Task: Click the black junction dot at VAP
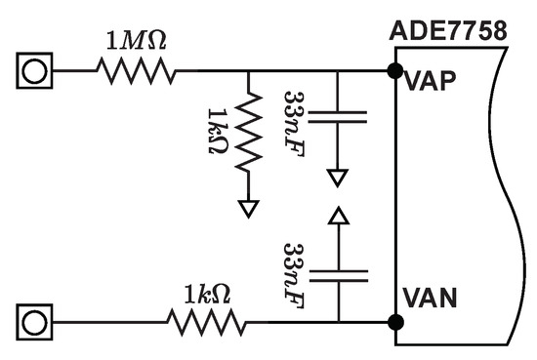[394, 71]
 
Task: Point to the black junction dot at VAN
[394, 321]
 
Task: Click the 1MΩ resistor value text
[135, 41]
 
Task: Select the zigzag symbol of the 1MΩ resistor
[136, 71]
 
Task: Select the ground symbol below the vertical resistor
[249, 206]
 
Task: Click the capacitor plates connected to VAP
[337, 117]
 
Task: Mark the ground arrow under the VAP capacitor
[337, 178]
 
